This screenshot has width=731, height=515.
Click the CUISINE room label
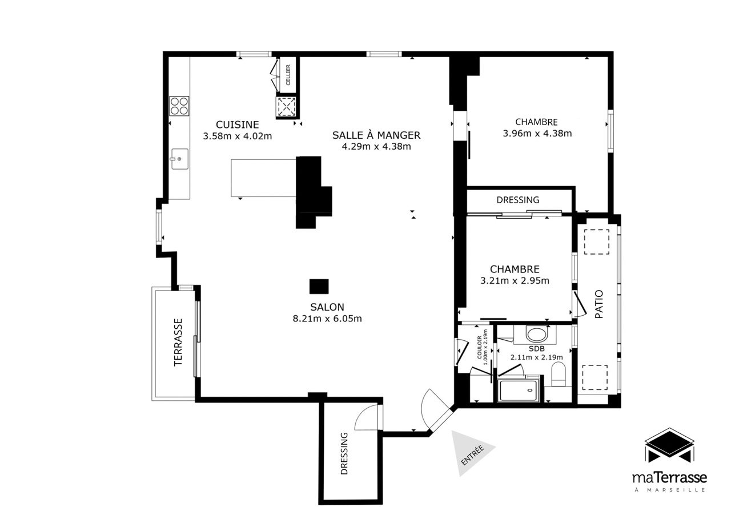[x=237, y=124]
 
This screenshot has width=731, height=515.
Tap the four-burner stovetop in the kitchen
[x=179, y=106]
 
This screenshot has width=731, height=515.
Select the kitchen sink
[x=180, y=159]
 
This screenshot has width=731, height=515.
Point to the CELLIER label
[x=288, y=75]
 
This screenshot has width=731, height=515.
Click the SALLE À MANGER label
[x=376, y=135]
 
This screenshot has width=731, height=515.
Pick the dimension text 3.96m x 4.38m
[x=537, y=133]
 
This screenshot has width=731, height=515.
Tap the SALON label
[x=327, y=307]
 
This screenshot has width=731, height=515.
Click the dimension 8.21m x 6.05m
[x=327, y=319]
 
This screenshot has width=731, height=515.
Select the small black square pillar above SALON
[x=319, y=287]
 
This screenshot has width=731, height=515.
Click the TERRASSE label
[x=178, y=343]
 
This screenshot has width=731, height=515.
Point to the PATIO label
[x=599, y=304]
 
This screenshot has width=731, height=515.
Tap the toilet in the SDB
[x=559, y=374]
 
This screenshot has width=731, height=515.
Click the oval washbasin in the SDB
[x=537, y=335]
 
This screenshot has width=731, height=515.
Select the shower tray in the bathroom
[x=519, y=391]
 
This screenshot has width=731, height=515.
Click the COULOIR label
[x=480, y=347]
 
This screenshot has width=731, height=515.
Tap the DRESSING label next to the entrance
[x=344, y=453]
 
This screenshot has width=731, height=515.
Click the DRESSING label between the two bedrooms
[x=517, y=200]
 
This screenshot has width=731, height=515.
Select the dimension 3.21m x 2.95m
[x=515, y=281]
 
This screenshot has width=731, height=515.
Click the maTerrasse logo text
[x=670, y=478]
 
